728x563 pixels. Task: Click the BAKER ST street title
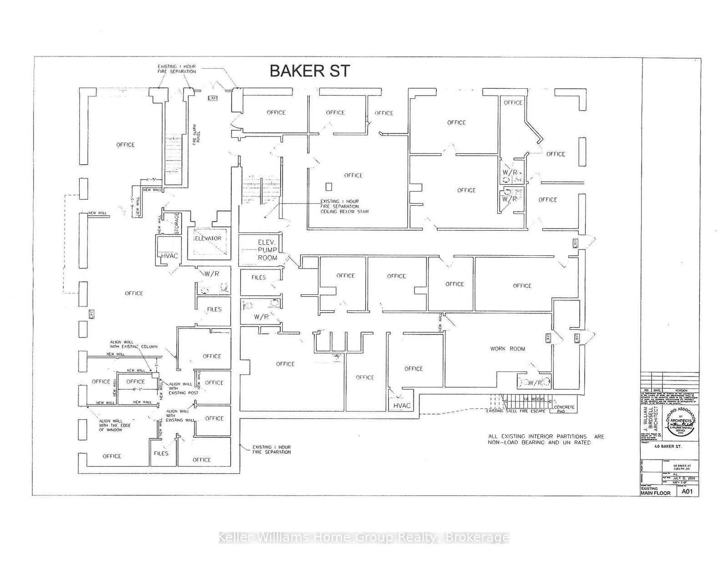pyautogui.click(x=310, y=71)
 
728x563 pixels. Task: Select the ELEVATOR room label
pyautogui.click(x=207, y=238)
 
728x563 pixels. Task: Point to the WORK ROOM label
pyautogui.click(x=507, y=349)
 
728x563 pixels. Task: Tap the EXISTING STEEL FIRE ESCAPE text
pyautogui.click(x=515, y=411)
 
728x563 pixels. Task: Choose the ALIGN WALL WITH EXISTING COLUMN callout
pyautogui.click(x=133, y=344)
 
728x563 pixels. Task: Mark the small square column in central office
pyautogui.click(x=329, y=186)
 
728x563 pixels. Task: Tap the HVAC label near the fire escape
pyautogui.click(x=401, y=406)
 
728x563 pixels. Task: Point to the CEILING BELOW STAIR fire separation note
pyautogui.click(x=344, y=206)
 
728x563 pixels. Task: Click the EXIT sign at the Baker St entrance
pyautogui.click(x=213, y=98)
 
